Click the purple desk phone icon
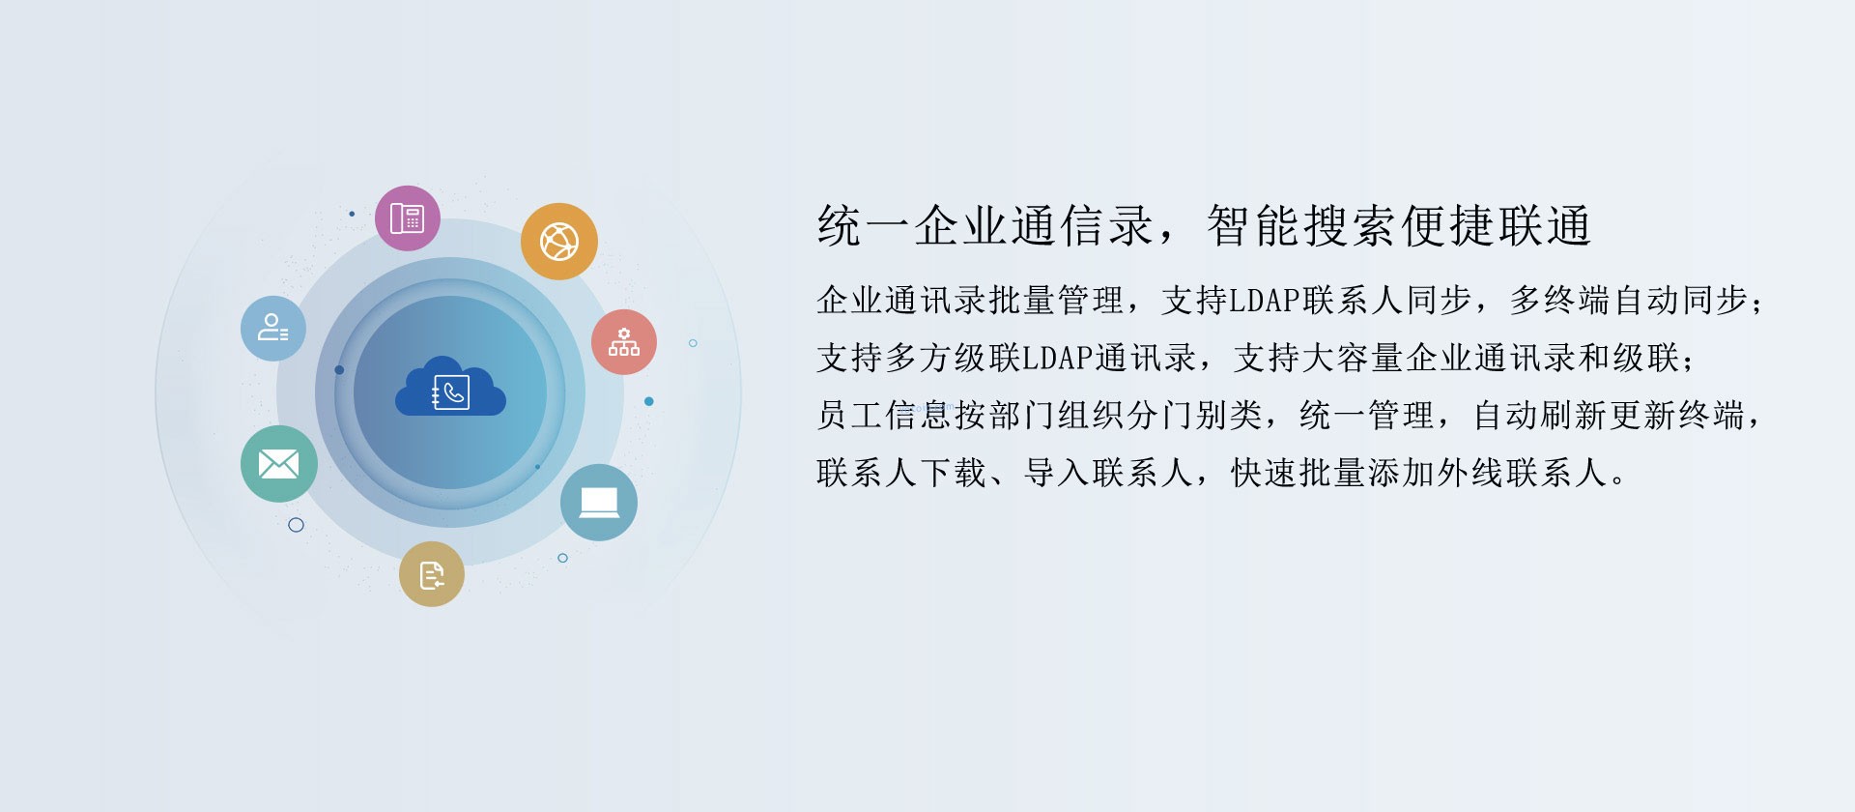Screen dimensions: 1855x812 point(408,218)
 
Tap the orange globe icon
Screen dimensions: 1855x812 point(559,242)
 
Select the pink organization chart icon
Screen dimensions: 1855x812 point(624,342)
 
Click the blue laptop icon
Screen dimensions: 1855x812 point(599,503)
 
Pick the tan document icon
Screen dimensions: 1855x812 point(432,574)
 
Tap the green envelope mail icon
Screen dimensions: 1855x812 point(279,464)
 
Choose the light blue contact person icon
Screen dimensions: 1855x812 point(273,329)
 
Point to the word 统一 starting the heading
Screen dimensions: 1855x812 point(866,226)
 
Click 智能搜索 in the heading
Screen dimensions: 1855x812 point(1303,226)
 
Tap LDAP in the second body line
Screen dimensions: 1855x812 point(1059,359)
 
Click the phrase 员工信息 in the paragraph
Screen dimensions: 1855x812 point(885,416)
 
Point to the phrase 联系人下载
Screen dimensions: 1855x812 point(902,474)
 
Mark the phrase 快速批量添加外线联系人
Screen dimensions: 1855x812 point(1419,474)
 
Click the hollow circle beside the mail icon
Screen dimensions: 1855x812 point(297,525)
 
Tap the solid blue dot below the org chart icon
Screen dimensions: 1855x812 point(649,401)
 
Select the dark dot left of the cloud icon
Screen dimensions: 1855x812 point(339,370)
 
